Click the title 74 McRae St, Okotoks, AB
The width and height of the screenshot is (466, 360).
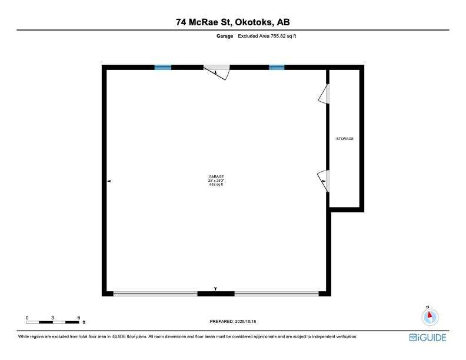coord(233,22)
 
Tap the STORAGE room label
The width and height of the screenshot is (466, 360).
coord(345,139)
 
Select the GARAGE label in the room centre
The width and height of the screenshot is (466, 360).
coord(216,176)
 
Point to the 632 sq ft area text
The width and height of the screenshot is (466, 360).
coord(216,185)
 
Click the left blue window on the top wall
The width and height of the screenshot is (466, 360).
coord(163,68)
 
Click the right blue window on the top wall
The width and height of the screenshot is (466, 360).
coord(277,68)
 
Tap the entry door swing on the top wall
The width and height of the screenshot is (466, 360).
coord(217,72)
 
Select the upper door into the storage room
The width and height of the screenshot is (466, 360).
coord(324,94)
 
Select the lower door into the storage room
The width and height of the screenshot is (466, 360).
coord(324,180)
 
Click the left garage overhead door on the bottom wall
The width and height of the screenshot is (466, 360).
coord(155,293)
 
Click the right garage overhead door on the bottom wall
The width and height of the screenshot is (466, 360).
coord(277,293)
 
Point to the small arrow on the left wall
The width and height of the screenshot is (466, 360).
coord(109,182)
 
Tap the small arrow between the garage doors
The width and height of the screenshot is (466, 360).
coord(216,289)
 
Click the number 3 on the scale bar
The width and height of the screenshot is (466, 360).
coord(53,318)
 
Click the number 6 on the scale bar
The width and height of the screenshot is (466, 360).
coord(79,318)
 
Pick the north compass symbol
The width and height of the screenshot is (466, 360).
coord(430,316)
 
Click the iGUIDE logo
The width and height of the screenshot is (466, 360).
coord(428,338)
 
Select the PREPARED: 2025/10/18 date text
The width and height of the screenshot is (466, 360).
coord(234,321)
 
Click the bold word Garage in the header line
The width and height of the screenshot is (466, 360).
coord(224,36)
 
